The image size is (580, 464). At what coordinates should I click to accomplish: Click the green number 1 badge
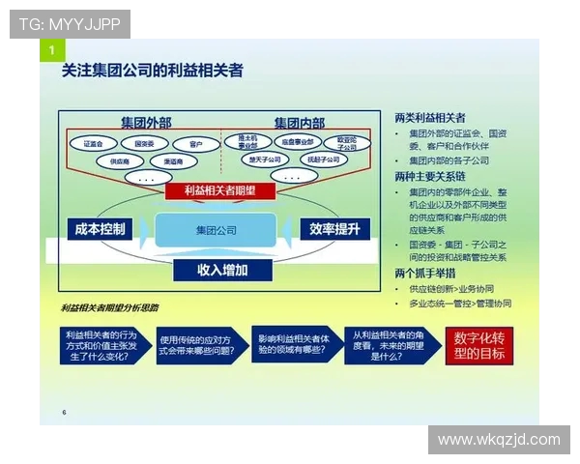click(51, 49)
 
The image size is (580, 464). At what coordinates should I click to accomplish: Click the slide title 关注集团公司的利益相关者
click(153, 71)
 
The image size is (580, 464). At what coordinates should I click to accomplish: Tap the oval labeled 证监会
click(94, 143)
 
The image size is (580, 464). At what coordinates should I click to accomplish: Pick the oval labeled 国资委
click(145, 143)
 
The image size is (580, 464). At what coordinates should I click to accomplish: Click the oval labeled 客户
click(196, 144)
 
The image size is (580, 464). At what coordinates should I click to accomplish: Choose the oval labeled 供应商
click(119, 161)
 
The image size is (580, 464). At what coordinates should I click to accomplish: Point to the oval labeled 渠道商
click(174, 161)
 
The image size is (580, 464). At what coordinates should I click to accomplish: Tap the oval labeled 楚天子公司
click(265, 159)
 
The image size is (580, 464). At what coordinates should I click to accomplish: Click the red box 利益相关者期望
click(221, 191)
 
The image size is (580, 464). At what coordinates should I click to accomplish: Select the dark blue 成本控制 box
click(99, 229)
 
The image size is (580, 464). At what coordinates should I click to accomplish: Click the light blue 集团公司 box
click(216, 230)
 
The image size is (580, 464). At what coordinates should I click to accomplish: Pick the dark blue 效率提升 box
click(334, 229)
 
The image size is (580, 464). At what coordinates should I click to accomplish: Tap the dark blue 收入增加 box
click(222, 270)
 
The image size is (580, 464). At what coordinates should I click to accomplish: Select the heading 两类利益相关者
click(430, 116)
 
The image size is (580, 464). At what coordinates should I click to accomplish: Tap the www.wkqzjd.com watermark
click(498, 440)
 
